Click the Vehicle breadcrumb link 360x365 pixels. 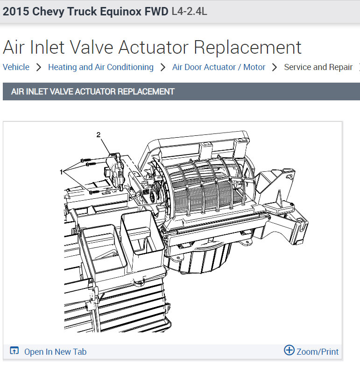tap(16, 67)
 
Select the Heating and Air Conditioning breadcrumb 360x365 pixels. tap(100, 67)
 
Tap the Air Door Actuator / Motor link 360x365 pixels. tap(219, 67)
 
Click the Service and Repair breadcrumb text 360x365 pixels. tap(318, 67)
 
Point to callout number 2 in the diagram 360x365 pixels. tap(99, 134)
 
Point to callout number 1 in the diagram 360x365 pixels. tap(61, 172)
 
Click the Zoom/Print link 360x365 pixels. tap(318, 351)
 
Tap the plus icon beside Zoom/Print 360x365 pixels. tap(289, 350)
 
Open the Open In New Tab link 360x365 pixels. tap(56, 352)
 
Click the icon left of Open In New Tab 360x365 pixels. tap(14, 351)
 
